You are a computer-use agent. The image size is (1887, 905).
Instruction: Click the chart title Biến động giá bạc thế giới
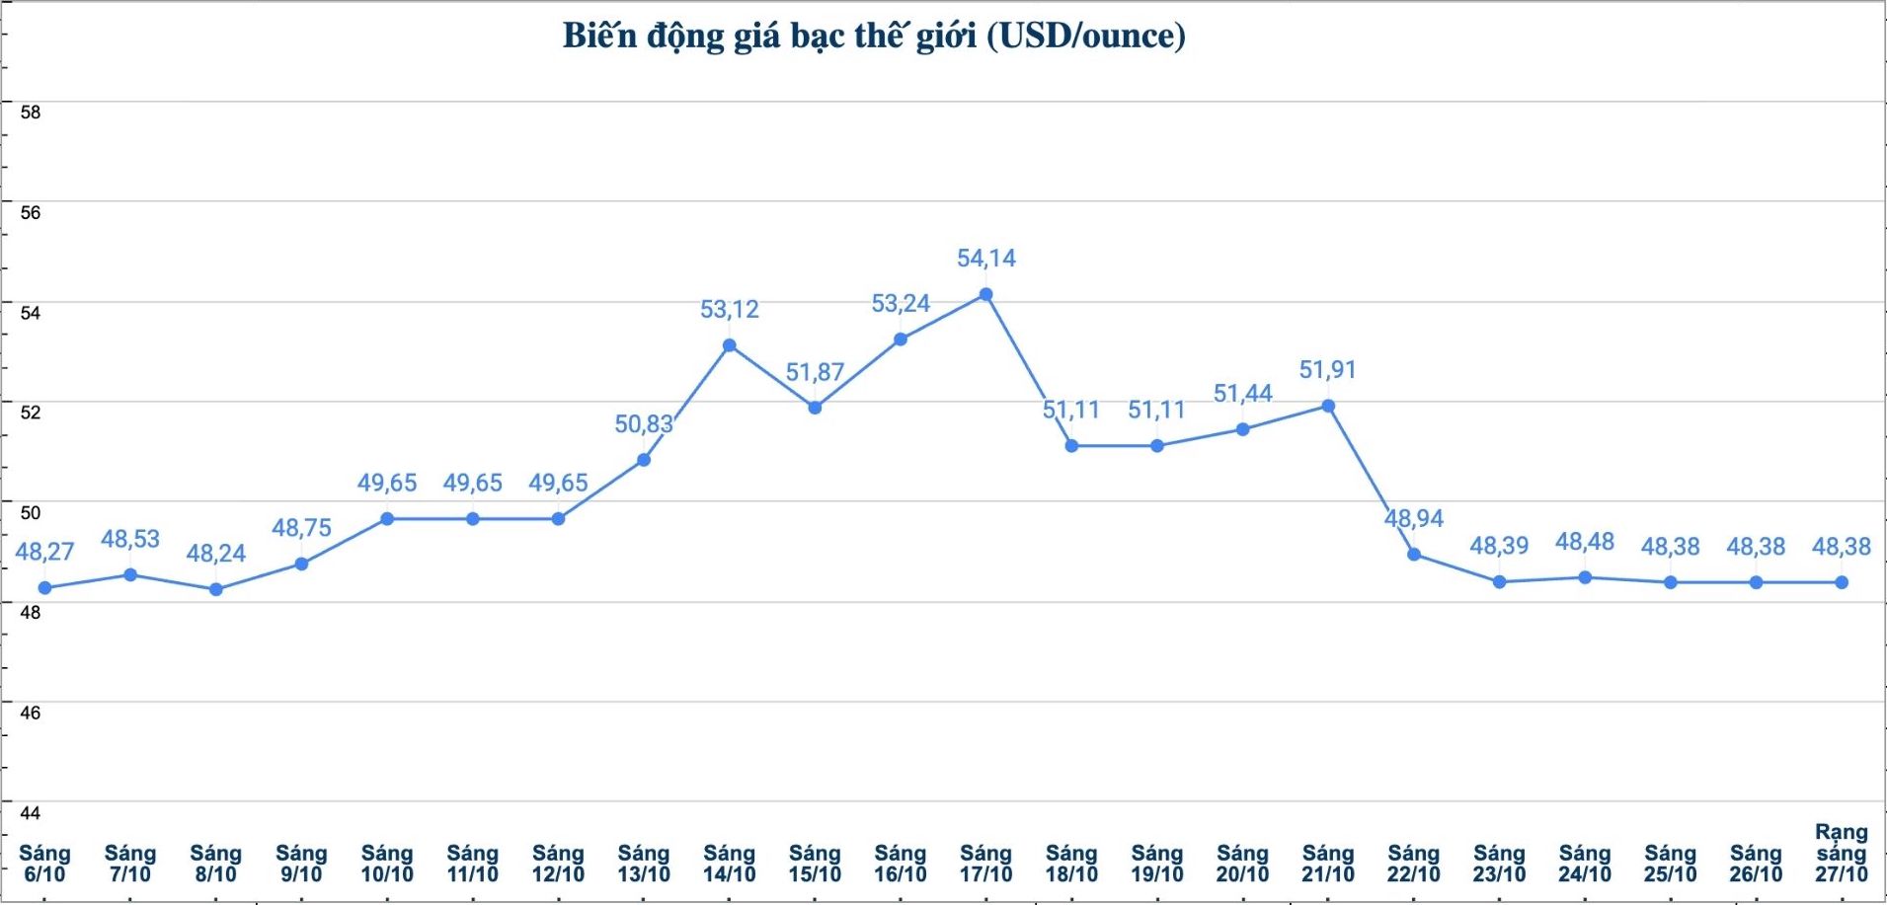tap(873, 36)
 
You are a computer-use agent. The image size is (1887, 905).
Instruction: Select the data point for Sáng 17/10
tap(985, 294)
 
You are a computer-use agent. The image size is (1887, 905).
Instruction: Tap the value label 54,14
tap(985, 259)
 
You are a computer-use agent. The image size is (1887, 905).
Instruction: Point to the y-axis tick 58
tap(31, 113)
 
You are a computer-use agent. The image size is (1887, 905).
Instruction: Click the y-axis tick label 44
tap(31, 813)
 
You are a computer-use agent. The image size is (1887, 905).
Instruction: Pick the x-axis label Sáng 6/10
tap(44, 864)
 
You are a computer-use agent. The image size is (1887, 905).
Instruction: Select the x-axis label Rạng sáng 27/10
tap(1841, 854)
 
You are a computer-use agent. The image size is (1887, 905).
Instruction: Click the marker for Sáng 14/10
tap(729, 345)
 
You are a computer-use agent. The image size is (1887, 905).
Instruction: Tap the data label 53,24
tap(900, 304)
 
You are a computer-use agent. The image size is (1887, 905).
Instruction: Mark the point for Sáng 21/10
tap(1328, 406)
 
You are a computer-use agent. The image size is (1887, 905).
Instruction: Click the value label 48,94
tap(1413, 519)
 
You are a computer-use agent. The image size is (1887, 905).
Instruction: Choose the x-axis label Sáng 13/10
tap(643, 864)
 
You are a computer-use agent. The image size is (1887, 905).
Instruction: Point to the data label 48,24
tap(215, 554)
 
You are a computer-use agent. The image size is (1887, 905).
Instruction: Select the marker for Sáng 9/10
tap(301, 564)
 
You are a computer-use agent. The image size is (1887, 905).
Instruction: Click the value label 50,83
tap(643, 424)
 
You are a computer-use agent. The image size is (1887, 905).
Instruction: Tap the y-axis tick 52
tap(31, 413)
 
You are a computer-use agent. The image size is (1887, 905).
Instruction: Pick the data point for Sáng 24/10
tap(1585, 577)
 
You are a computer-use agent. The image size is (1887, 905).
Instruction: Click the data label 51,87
tap(815, 373)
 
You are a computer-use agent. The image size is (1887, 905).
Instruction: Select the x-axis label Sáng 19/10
tap(1156, 864)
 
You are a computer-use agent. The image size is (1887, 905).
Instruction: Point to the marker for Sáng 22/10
tap(1413, 555)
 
